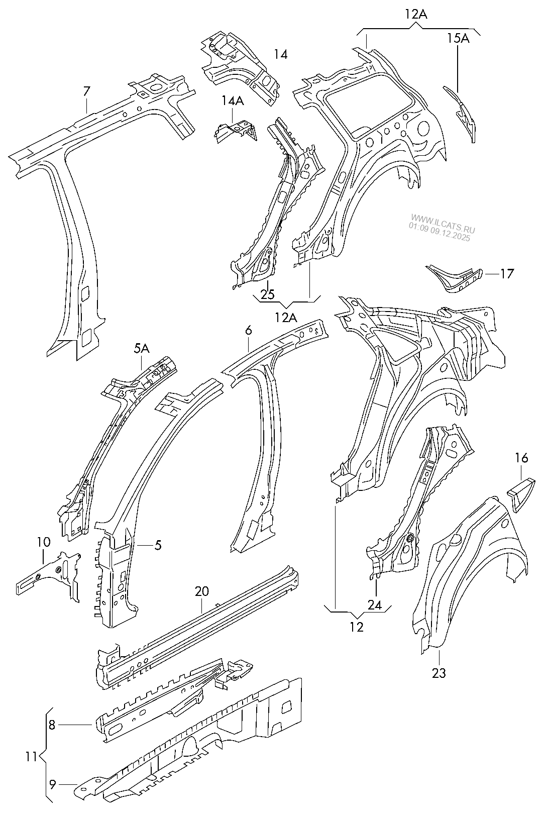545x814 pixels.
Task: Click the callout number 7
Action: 86,91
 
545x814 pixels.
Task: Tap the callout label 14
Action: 281,54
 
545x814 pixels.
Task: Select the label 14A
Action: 233,100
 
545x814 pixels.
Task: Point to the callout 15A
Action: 458,38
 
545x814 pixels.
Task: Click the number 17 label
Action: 507,274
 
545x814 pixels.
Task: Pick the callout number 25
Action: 268,294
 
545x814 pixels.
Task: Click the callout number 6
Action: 248,331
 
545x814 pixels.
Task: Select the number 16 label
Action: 521,457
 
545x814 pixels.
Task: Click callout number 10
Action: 43,542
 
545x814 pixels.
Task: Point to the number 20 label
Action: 201,591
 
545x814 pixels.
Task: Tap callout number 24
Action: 375,605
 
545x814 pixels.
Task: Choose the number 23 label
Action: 439,673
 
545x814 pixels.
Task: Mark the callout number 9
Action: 53,783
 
